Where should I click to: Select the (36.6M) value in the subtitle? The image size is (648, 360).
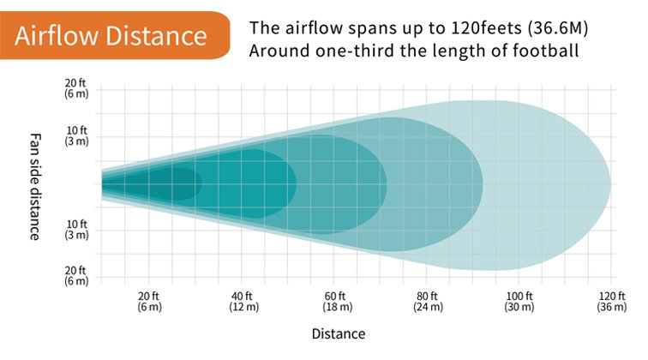(x=558, y=28)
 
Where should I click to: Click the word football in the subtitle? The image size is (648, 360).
(x=545, y=51)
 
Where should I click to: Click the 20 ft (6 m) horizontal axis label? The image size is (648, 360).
(x=149, y=302)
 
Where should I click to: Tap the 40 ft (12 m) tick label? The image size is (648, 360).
(x=243, y=302)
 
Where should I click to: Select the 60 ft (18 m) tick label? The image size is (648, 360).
(x=337, y=302)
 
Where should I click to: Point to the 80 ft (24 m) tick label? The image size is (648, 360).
(x=429, y=302)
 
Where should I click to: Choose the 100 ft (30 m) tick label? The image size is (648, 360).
(x=519, y=302)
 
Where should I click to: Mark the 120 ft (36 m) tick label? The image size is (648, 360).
(x=612, y=302)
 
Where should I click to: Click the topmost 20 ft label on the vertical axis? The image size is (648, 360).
(x=76, y=88)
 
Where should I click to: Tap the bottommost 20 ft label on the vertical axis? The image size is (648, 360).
(x=76, y=276)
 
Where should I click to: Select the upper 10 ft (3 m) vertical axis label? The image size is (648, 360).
(x=76, y=135)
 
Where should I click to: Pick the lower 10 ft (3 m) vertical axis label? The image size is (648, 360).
(x=76, y=230)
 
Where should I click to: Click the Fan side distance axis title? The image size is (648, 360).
(x=35, y=187)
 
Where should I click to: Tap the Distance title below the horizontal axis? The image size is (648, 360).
(x=339, y=334)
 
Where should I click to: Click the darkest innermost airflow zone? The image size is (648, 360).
(x=173, y=184)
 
